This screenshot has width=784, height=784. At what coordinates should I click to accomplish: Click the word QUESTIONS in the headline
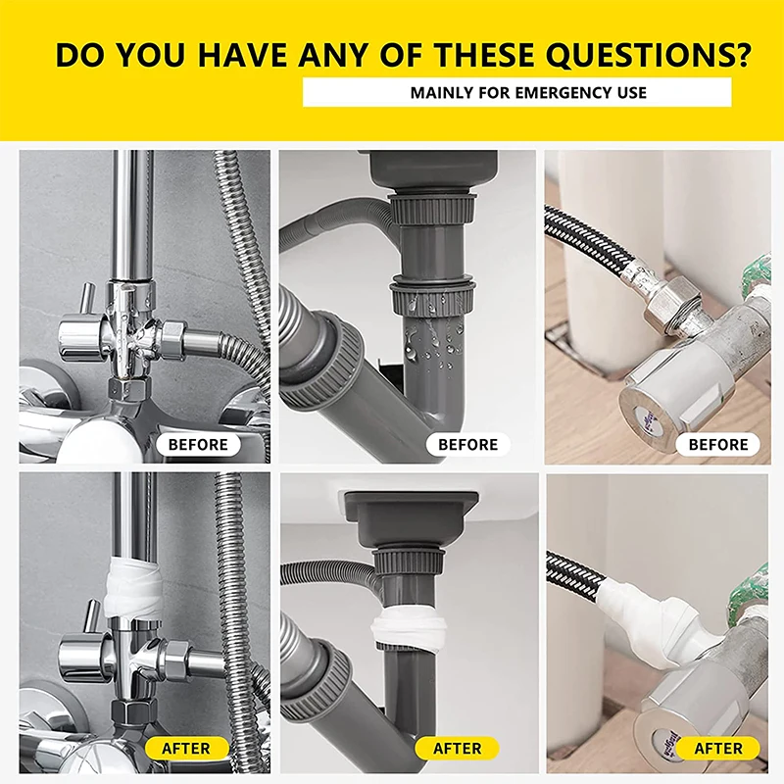click(649, 55)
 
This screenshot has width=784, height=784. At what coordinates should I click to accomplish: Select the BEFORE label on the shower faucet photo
click(198, 445)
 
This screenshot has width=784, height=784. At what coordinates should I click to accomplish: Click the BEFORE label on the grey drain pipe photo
click(468, 445)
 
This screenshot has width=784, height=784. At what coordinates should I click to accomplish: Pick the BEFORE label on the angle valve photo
click(718, 445)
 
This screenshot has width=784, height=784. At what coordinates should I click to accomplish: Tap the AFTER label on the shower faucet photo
click(186, 748)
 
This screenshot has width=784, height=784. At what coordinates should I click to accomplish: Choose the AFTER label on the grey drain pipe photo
click(457, 748)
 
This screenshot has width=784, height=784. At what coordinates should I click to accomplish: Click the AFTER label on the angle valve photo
click(718, 748)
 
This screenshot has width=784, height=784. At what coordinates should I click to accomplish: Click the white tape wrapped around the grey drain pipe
click(408, 626)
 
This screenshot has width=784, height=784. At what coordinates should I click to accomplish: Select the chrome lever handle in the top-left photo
click(88, 299)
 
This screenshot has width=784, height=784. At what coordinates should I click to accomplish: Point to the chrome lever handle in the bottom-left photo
click(92, 617)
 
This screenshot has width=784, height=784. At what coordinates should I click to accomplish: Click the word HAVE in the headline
click(242, 55)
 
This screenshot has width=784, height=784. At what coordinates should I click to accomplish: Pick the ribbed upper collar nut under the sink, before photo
click(431, 209)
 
